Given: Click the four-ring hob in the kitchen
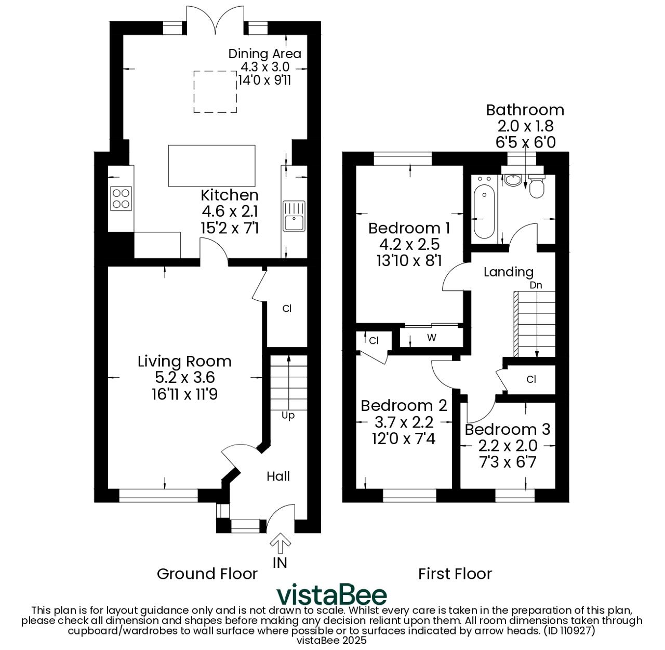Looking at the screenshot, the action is coord(121,198).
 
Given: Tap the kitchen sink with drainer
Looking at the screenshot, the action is coord(294,216).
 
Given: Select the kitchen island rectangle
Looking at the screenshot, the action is coord(211,166).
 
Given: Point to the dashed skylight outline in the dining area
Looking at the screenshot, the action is coord(215,91).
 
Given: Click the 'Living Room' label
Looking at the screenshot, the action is coord(184,361).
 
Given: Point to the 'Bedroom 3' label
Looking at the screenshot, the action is coord(508,430).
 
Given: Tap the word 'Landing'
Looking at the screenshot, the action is coord(509,272).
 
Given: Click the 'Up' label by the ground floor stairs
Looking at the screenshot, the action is coord(288,416).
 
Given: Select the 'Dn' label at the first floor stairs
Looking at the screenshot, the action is coord(536,285).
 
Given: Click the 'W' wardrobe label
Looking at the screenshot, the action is coord(432,338).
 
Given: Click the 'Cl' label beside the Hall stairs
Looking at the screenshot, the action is coord(287,309).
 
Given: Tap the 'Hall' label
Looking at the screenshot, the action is coord(278,476).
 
